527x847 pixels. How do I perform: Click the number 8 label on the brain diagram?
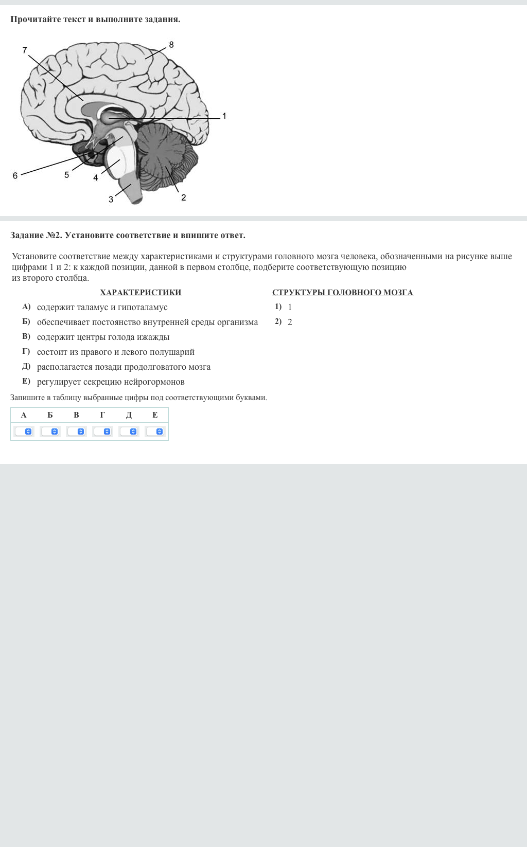pos(171,45)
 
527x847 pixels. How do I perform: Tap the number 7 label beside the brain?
pos(25,50)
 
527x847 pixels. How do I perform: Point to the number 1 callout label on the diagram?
pos(224,116)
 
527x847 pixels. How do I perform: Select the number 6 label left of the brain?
pos(15,176)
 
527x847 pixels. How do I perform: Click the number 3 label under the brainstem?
pos(111,200)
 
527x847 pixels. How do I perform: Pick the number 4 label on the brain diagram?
pos(96,178)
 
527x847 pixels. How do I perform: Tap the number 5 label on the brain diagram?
pos(66,175)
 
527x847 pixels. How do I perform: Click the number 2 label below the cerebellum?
pos(183,197)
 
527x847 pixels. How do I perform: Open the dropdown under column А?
pos(24,431)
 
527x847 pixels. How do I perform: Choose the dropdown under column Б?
pos(50,431)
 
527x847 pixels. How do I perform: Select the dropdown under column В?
pos(76,431)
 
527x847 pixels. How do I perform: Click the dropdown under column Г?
pos(102,431)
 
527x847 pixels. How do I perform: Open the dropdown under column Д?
pos(129,431)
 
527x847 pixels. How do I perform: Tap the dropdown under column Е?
pos(155,431)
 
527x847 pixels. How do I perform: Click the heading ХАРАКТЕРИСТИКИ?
pos(140,293)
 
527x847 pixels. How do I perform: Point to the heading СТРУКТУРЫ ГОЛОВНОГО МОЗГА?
pos(342,293)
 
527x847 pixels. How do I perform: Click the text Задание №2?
pos(36,236)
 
